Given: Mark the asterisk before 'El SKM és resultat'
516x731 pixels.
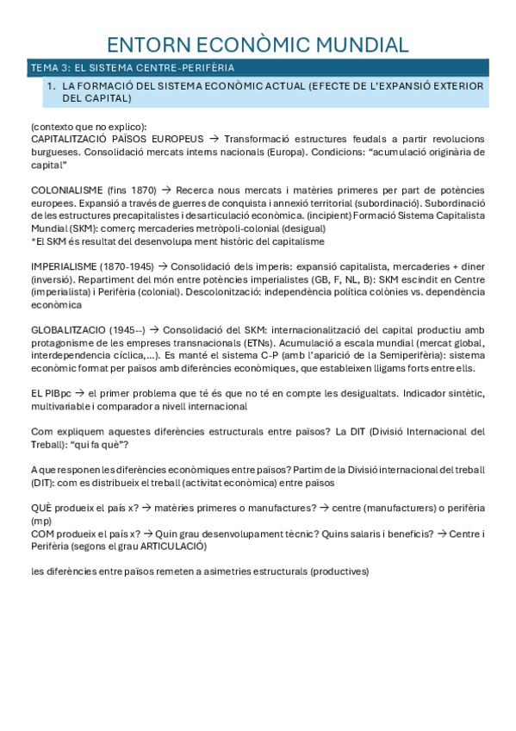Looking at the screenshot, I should (33, 241).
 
